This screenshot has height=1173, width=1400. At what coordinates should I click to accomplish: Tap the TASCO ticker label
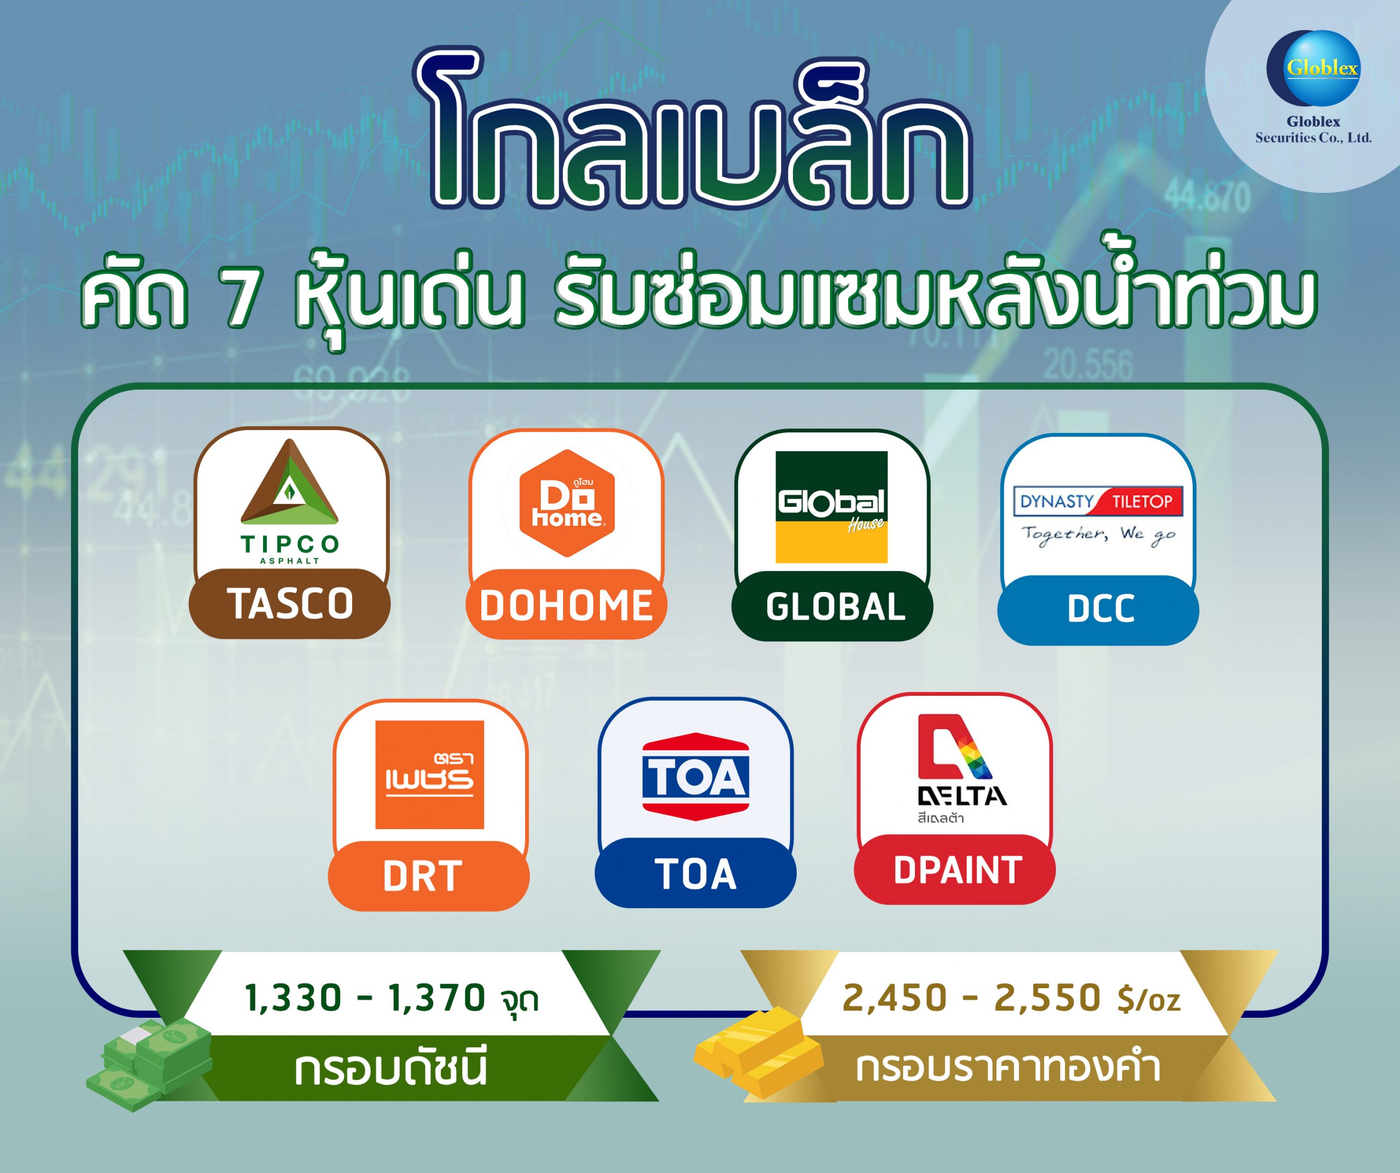point(289,603)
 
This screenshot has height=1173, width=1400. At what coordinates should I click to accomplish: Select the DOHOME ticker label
point(566,605)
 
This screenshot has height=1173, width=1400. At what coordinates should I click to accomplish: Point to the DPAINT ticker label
point(955,869)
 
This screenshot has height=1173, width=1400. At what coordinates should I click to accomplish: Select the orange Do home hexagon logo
point(567,503)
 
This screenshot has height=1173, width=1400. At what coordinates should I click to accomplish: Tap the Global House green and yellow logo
point(831,507)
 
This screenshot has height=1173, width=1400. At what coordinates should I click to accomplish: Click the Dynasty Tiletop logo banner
point(1098,501)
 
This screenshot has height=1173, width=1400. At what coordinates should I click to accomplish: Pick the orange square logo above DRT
point(429,775)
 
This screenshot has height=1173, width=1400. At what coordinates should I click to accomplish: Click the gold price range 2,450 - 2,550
point(971,998)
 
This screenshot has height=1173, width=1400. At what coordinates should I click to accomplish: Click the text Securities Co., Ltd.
point(1314,138)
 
